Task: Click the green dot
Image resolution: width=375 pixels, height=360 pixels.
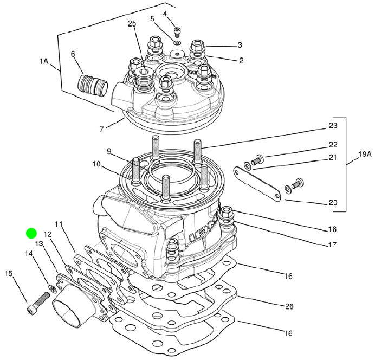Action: [x=31, y=234]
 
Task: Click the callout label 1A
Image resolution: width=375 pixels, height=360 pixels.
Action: [x=44, y=62]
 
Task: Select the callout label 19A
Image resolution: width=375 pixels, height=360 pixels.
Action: [x=365, y=155]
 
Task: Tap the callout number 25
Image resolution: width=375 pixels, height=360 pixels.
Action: [x=132, y=23]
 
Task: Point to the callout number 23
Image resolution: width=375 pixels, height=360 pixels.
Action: [x=333, y=126]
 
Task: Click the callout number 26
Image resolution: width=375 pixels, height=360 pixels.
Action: [x=289, y=306]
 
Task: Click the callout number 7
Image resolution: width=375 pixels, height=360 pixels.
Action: [x=101, y=128]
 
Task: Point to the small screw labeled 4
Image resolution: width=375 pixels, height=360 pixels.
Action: [x=177, y=30]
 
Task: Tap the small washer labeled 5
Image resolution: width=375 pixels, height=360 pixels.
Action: [x=177, y=42]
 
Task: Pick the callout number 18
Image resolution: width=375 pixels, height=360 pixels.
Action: [x=333, y=229]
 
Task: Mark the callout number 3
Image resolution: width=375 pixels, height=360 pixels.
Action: [x=239, y=45]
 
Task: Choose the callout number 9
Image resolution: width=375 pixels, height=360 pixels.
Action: [x=108, y=151]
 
